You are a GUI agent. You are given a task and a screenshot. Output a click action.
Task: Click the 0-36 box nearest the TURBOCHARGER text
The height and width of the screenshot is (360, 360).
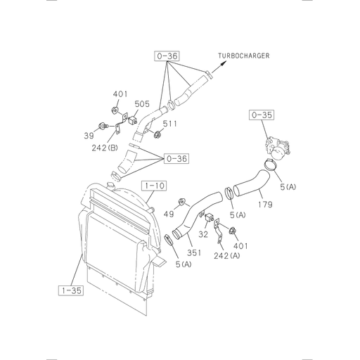(x=166, y=54)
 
